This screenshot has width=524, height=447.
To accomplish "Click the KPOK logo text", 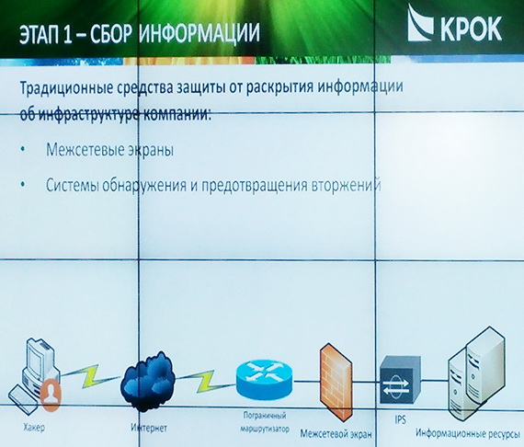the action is tap(471, 29).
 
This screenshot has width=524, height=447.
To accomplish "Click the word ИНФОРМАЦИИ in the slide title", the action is tap(199, 33).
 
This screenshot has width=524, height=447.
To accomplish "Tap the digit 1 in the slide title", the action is tap(67, 34).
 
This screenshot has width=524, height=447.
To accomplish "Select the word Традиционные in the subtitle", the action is tap(66, 88).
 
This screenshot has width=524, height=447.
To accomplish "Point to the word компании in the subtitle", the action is tap(177, 115).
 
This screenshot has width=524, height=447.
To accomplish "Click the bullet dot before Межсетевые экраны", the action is tap(23, 149).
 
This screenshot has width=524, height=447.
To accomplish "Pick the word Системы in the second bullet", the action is tap(73, 185).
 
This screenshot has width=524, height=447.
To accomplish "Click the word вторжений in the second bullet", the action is tap(347, 185).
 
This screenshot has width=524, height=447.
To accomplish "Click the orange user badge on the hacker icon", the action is tap(51, 395).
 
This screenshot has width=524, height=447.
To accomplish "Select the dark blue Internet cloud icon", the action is tap(148, 381).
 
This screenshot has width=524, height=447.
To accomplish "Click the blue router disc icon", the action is tap(264, 378).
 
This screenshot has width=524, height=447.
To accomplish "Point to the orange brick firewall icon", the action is tap(336, 381).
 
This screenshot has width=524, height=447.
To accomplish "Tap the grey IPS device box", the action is tap(400, 380).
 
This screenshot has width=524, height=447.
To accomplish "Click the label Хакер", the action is tap(34, 428).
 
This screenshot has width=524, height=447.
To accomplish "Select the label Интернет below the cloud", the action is tap(149, 428).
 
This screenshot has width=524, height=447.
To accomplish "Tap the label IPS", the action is tap(400, 419).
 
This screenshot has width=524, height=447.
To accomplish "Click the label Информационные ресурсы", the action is tap(468, 433).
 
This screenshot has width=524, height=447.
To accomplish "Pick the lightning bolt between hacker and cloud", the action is tap(90, 376).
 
